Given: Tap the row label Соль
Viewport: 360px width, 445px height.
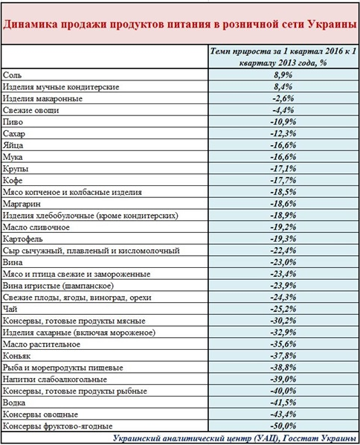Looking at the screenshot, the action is [12, 75].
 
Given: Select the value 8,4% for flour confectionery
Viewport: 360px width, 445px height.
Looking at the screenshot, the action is [283, 86].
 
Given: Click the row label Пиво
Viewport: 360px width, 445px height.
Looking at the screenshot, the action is [13, 122].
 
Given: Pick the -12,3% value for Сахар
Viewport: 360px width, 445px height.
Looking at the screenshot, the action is [283, 133].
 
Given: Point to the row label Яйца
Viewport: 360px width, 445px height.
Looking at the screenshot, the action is [13, 145].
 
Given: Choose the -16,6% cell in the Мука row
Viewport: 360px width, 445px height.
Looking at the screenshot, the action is [283, 157].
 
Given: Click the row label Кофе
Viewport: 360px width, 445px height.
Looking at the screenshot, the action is [13, 181].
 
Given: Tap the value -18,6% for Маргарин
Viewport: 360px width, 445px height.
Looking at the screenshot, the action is [283, 203].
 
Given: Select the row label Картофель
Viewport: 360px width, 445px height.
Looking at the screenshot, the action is [23, 239].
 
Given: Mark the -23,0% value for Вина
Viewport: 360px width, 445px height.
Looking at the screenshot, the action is [283, 262].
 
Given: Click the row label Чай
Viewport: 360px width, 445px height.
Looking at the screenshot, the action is [10, 309].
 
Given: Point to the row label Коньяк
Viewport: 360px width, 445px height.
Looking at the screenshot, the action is [16, 356].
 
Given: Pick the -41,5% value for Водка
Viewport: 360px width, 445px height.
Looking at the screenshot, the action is [283, 403].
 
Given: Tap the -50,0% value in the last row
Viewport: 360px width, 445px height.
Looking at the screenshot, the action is [283, 426].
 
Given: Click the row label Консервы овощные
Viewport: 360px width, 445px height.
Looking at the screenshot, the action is [40, 414].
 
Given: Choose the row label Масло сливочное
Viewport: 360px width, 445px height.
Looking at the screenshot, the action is [36, 227].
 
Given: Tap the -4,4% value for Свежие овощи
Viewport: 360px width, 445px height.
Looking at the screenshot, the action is [283, 110].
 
